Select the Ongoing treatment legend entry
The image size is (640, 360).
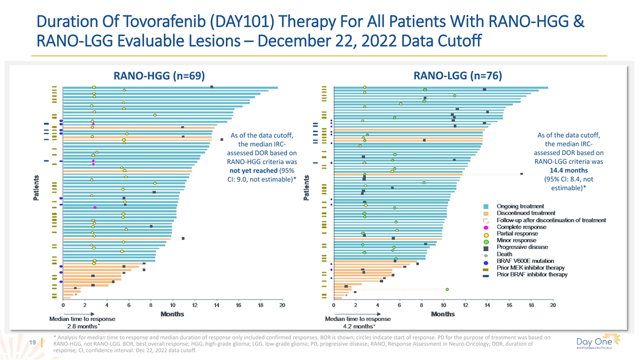[520, 206]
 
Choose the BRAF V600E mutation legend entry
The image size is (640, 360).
[525, 261]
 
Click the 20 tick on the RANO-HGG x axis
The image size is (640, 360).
[282, 305]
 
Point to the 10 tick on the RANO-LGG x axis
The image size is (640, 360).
[443, 305]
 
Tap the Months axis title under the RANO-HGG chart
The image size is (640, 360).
[172, 313]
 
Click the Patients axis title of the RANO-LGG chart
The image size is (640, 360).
[307, 189]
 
